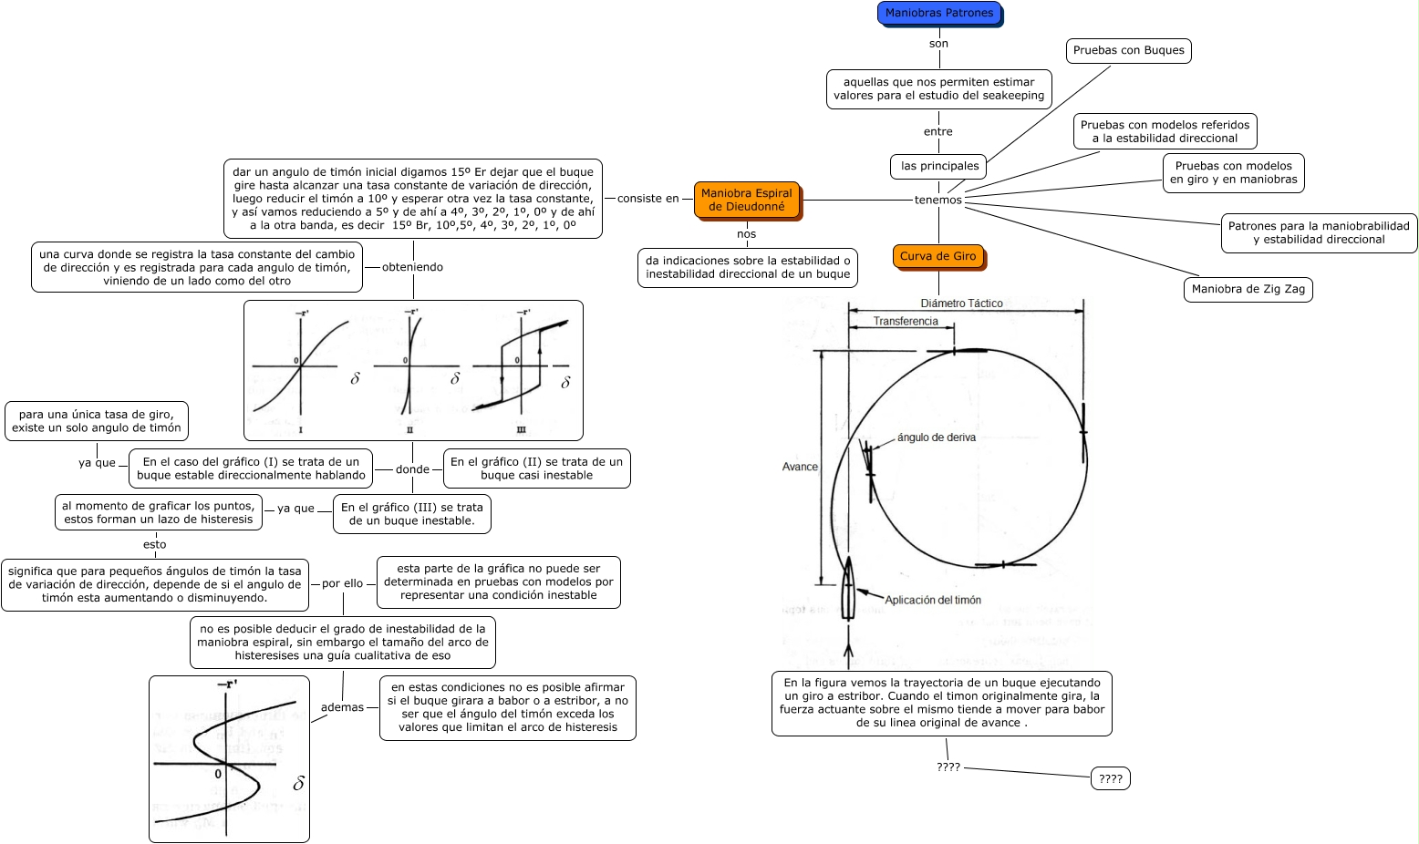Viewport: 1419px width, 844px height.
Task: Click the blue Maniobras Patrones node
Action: click(939, 14)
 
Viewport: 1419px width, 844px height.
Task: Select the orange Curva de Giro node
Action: click(937, 257)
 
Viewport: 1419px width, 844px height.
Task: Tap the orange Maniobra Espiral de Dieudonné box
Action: click(746, 200)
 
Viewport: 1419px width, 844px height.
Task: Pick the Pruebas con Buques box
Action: click(1128, 51)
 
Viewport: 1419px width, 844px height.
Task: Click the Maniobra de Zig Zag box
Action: click(1248, 290)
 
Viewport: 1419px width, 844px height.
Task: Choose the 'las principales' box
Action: click(939, 167)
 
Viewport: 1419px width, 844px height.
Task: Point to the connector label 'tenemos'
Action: click(937, 200)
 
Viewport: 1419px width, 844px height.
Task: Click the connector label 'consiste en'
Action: click(647, 199)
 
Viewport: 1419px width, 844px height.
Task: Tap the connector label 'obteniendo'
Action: click(412, 268)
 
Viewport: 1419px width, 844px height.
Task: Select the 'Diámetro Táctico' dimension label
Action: click(961, 304)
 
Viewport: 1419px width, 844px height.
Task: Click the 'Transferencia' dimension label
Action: click(905, 322)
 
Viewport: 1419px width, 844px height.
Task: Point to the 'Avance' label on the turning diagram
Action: click(800, 467)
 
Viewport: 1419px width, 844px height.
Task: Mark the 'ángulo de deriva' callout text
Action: click(936, 437)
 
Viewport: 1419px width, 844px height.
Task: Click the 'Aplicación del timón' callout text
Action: click(932, 600)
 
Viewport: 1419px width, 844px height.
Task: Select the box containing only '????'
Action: click(1110, 779)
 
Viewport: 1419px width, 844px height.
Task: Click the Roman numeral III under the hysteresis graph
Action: click(521, 429)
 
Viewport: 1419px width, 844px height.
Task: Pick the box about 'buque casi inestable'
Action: click(536, 468)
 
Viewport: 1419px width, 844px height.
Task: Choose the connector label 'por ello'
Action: click(342, 584)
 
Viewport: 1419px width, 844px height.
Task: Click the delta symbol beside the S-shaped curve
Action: click(298, 784)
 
